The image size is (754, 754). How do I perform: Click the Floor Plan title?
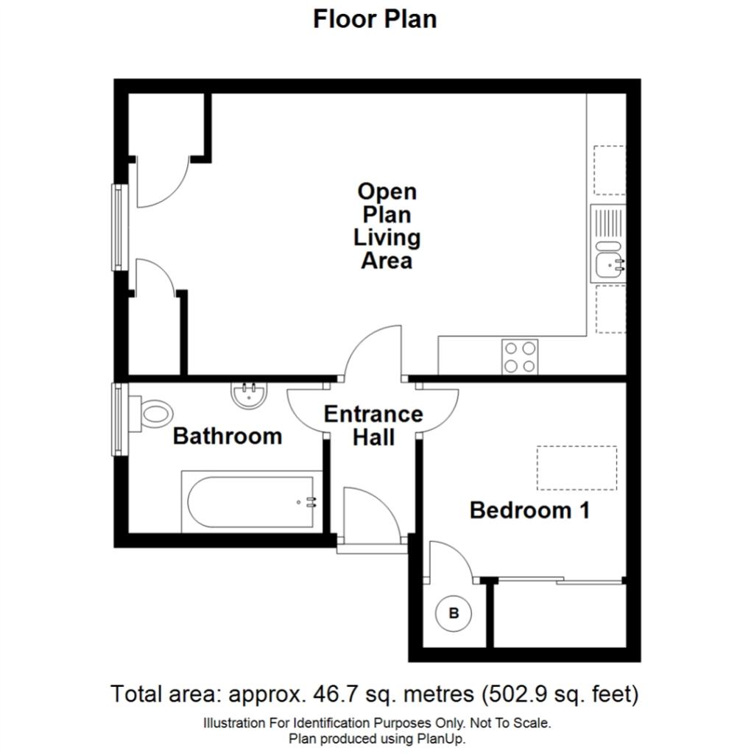tap(375, 20)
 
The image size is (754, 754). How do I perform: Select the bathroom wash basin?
tap(249, 395)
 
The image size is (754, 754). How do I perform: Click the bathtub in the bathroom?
tap(251, 502)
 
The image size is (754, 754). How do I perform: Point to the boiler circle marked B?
tap(454, 613)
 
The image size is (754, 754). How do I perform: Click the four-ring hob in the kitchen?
tap(520, 357)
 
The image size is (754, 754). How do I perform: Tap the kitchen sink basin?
tap(609, 265)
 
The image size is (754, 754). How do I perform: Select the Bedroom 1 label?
tap(529, 510)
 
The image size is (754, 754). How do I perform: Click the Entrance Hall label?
tap(373, 426)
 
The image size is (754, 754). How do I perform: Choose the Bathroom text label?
tap(228, 436)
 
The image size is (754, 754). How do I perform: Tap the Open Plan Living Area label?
tap(387, 226)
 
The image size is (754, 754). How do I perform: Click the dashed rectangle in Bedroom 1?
tap(577, 468)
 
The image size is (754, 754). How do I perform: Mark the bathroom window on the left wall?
tap(120, 419)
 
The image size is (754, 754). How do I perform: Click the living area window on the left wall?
tap(120, 227)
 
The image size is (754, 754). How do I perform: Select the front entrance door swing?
tap(372, 515)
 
